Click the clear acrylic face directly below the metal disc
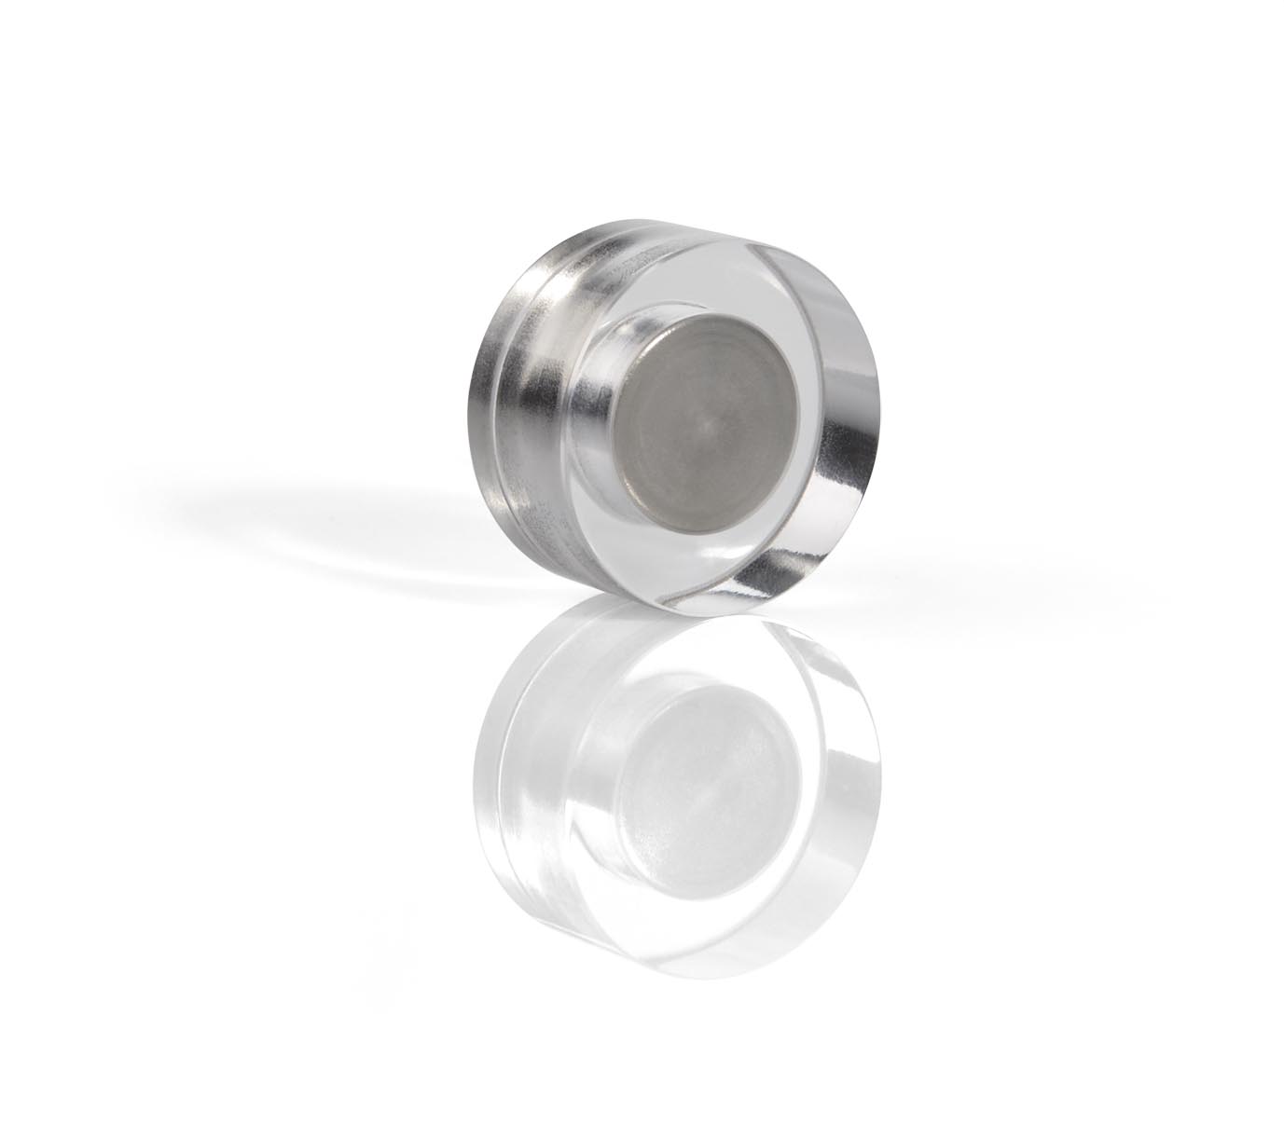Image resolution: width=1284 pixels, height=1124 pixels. [x=699, y=559]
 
